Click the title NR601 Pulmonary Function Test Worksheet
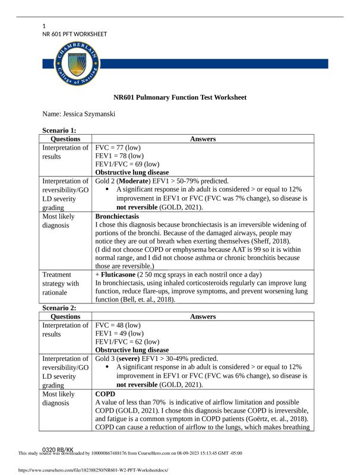coord(180,97)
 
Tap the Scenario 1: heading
coord(59,131)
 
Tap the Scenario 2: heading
coord(59,308)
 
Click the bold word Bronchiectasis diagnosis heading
coord(117,217)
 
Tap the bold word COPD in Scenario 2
coord(104,394)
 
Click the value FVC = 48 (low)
coord(118,325)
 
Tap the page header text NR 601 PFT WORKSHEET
coord(75,34)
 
